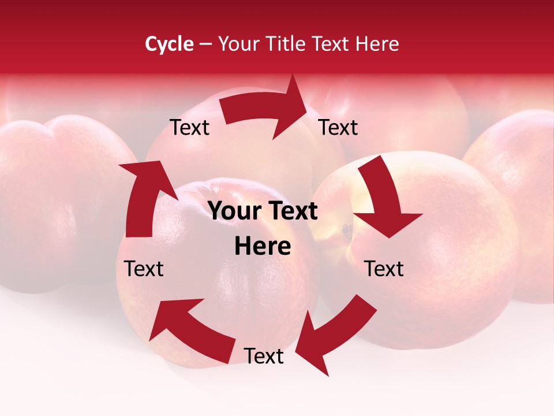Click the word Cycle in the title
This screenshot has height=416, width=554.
[169, 44]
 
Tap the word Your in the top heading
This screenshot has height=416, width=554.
[237, 44]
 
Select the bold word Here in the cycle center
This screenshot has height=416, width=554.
[263, 247]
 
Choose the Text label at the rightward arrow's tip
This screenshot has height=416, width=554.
[338, 127]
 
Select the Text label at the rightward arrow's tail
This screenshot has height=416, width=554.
[189, 127]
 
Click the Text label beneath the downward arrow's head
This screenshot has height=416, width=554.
[384, 269]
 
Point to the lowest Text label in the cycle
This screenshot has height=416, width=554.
[264, 356]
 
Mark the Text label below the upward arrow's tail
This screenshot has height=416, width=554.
[144, 269]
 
